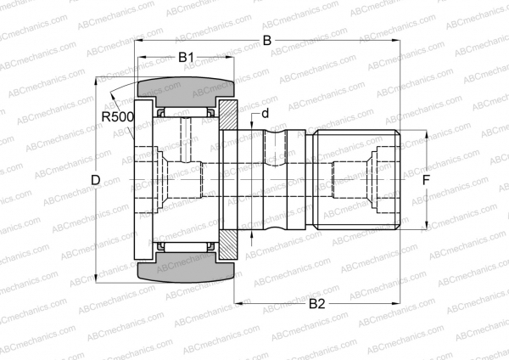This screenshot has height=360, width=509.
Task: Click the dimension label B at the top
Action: (x=266, y=41)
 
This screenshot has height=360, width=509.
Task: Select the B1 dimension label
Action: (x=186, y=58)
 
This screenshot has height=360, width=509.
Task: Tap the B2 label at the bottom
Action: (x=317, y=303)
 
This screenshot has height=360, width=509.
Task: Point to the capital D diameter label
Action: (x=96, y=180)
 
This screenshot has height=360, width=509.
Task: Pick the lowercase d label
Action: (x=266, y=113)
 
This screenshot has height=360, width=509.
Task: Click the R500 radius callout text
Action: (x=117, y=116)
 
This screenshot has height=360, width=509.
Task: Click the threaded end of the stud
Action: (x=356, y=180)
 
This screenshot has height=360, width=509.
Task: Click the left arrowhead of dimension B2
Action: (x=238, y=302)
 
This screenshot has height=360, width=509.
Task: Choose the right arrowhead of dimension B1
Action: (x=230, y=58)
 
